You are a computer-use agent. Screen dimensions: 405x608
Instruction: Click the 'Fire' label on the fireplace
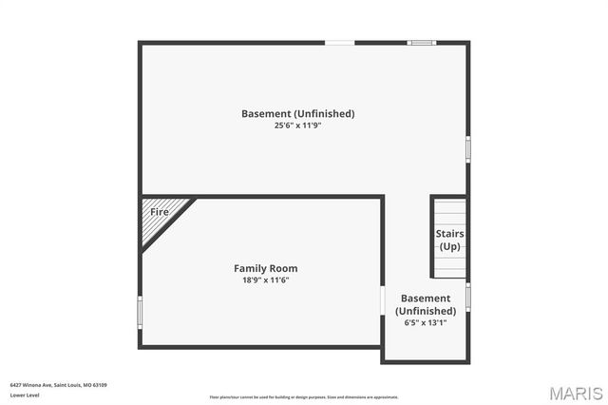(x=160, y=212)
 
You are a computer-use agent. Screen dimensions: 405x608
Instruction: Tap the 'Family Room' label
(x=266, y=268)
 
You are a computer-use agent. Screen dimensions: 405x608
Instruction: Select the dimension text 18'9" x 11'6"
(x=266, y=280)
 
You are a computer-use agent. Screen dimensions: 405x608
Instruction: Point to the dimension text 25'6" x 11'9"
(x=297, y=125)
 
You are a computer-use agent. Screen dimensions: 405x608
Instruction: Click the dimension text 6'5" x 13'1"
(x=426, y=322)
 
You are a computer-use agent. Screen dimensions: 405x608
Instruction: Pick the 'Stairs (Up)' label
(x=449, y=240)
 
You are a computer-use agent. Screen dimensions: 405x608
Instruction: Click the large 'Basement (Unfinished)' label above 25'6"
(x=297, y=113)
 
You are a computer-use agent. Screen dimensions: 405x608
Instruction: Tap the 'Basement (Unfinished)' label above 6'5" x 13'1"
(x=426, y=304)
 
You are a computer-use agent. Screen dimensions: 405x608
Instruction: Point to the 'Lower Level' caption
(x=24, y=395)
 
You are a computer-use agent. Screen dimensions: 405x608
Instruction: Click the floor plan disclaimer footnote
(x=304, y=397)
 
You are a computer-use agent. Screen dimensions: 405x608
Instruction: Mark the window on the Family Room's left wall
(x=140, y=312)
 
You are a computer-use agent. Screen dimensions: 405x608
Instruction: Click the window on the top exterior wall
(x=421, y=43)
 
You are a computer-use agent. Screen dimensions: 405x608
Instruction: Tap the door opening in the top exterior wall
(x=340, y=43)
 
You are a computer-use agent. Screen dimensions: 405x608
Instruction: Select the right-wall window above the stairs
(x=467, y=149)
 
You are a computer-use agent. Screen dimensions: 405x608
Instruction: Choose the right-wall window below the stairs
(x=467, y=296)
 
